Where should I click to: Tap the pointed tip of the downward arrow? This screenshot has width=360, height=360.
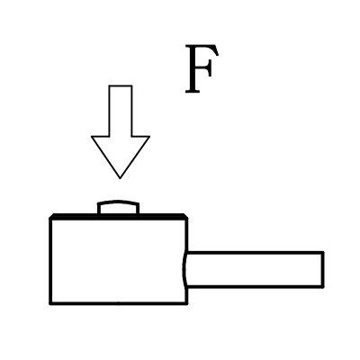pyautogui.click(x=120, y=178)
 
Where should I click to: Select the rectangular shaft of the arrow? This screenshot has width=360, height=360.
pyautogui.click(x=121, y=111)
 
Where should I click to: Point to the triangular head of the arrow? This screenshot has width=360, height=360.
pyautogui.click(x=121, y=153)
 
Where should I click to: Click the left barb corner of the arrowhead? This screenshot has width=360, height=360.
pyautogui.click(x=92, y=137)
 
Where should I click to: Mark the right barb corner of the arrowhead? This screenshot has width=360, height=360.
pyautogui.click(x=149, y=137)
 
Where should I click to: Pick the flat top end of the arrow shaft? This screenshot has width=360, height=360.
pyautogui.click(x=121, y=85)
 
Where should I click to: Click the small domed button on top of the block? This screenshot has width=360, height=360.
pyautogui.click(x=119, y=208)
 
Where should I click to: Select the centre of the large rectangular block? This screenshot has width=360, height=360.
pyautogui.click(x=119, y=260)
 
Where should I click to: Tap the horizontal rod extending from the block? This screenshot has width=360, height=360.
pyautogui.click(x=255, y=269)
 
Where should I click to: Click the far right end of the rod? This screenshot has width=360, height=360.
pyautogui.click(x=323, y=269)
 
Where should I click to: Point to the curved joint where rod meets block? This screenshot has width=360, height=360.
pyautogui.click(x=184, y=269)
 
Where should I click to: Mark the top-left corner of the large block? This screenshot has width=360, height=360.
pyautogui.click(x=50, y=218)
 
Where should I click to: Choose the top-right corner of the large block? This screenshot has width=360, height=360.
pyautogui.click(x=186, y=218)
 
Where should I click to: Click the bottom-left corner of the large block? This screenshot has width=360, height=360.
pyautogui.click(x=50, y=303)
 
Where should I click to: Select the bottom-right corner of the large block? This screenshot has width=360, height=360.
pyautogui.click(x=186, y=303)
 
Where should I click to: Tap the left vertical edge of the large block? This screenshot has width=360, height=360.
pyautogui.click(x=50, y=260)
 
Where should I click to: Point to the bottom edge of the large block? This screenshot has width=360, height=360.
pyautogui.click(x=119, y=303)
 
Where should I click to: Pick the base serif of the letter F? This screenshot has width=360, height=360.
pyautogui.click(x=193, y=91)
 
